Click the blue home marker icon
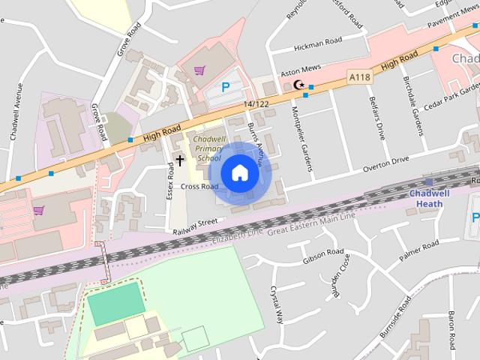tap(239, 173)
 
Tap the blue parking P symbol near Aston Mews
tap(225, 88)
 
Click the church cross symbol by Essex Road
tap(179, 160)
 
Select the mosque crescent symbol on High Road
tap(299, 86)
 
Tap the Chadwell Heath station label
tap(430, 198)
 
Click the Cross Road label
tap(199, 187)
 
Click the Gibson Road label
tap(323, 256)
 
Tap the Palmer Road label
tap(418, 252)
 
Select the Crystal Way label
tap(277, 304)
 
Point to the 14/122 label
tap(256, 104)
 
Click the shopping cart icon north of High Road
tap(199, 70)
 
